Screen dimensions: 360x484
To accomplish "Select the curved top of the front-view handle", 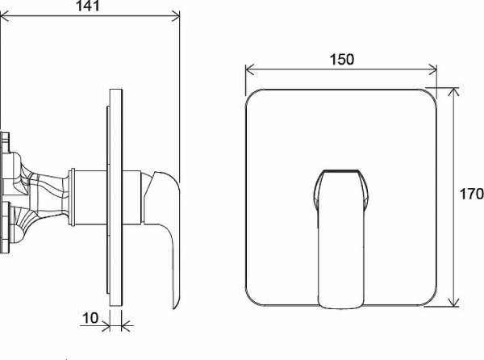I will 342,172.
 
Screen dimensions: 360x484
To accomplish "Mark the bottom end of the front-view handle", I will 342,304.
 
